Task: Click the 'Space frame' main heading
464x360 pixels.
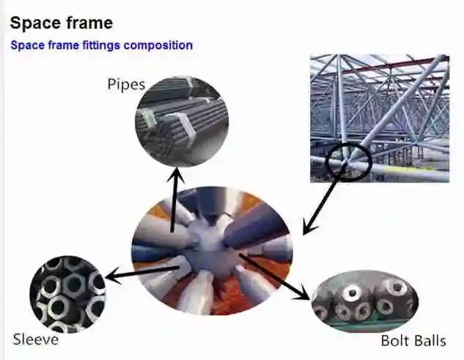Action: (62, 23)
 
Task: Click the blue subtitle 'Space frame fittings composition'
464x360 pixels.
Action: (101, 45)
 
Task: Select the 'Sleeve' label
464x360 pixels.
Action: (35, 339)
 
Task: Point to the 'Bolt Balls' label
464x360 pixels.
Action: (413, 341)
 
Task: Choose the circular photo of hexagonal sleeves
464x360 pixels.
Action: (67, 293)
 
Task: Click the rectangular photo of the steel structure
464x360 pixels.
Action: (379, 117)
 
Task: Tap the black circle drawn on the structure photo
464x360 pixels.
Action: (348, 160)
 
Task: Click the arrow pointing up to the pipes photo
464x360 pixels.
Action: (174, 202)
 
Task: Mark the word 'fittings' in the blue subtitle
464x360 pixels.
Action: (98, 45)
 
